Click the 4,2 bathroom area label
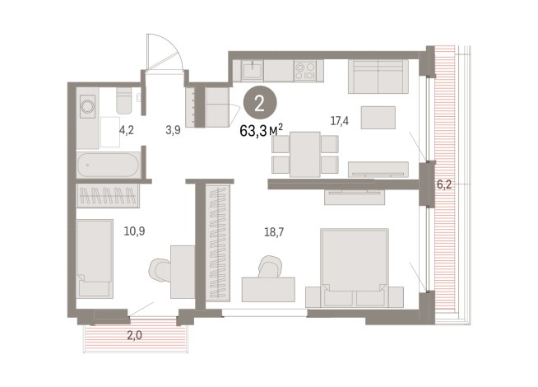pos(127,129)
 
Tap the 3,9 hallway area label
pos(173,129)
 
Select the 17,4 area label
pos(340,121)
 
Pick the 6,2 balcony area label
pos(444,185)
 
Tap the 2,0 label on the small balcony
pos(134,334)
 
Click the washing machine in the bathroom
pos(89,105)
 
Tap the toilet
pos(124,102)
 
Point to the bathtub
pos(108,166)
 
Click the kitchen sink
pos(254,70)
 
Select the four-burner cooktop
pos(305,70)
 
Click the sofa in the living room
pos(378,77)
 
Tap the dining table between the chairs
pos(304,153)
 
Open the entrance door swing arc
pos(161,51)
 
